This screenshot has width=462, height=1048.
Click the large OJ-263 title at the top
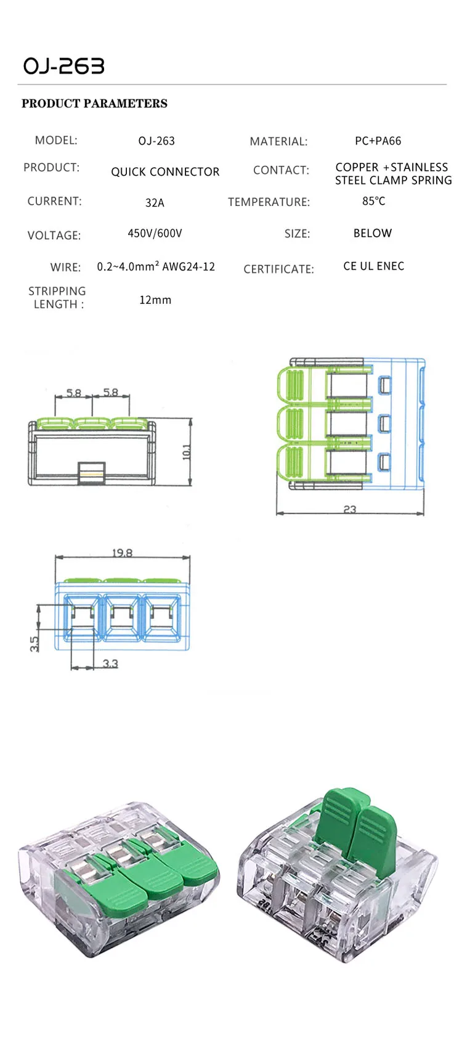[64, 67]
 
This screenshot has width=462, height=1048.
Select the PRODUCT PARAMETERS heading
[94, 104]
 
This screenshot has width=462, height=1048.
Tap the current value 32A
[155, 203]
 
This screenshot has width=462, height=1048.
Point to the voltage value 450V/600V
[155, 234]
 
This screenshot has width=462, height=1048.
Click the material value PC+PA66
[378, 141]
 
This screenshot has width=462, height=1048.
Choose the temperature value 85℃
[373, 202]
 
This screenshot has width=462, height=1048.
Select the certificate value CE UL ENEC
[373, 266]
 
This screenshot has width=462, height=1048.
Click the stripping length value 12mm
[155, 300]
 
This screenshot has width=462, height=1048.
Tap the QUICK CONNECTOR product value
[165, 172]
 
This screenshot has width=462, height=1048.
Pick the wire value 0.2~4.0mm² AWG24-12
[156, 267]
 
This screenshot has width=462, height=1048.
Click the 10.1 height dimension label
[187, 452]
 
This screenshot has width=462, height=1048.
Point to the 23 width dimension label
[349, 509]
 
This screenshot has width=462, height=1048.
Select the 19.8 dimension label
[122, 553]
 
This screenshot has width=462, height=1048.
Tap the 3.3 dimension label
[110, 663]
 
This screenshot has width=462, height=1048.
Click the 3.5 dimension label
[34, 643]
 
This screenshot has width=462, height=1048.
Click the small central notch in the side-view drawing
[91, 472]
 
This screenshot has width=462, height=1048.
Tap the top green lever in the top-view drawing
[291, 387]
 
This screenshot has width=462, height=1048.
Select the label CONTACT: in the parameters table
[281, 170]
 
